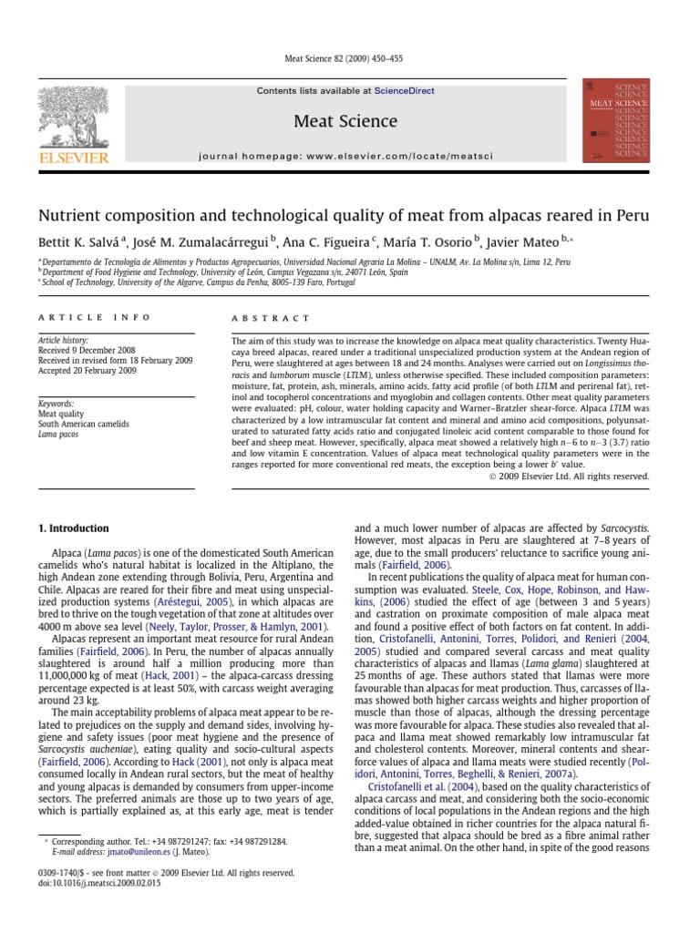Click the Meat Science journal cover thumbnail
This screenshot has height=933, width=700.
(x=616, y=120)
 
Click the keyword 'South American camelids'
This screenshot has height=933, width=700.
(x=83, y=424)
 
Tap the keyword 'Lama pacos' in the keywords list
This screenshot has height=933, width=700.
(x=57, y=435)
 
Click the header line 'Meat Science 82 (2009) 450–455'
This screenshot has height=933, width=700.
(x=350, y=59)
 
